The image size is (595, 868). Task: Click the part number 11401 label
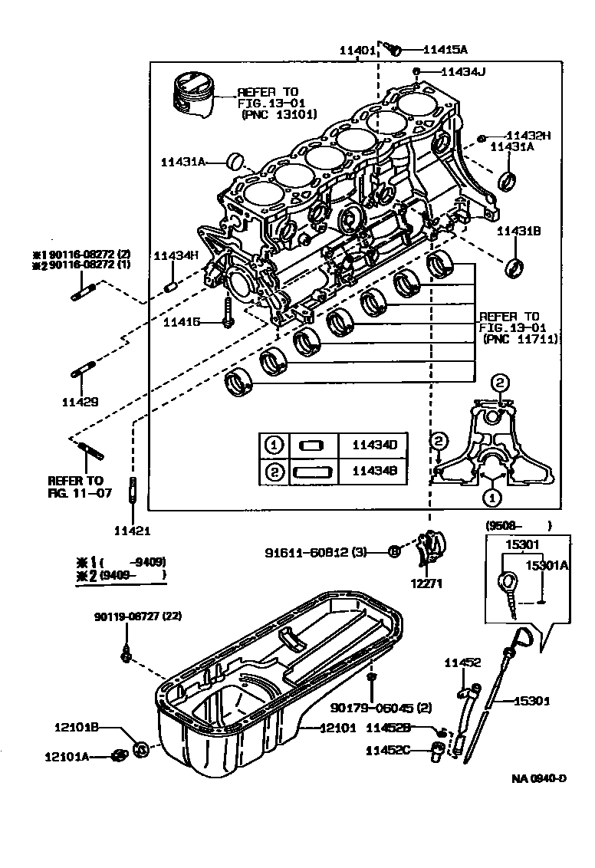click(x=357, y=51)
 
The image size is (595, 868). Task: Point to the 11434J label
click(x=463, y=72)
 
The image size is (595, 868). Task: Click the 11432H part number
click(x=528, y=136)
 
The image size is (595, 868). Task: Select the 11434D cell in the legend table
click(x=374, y=445)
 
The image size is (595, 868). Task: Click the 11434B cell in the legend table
click(x=374, y=472)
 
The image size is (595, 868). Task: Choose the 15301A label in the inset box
click(x=547, y=566)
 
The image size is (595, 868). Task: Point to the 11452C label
click(x=390, y=750)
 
